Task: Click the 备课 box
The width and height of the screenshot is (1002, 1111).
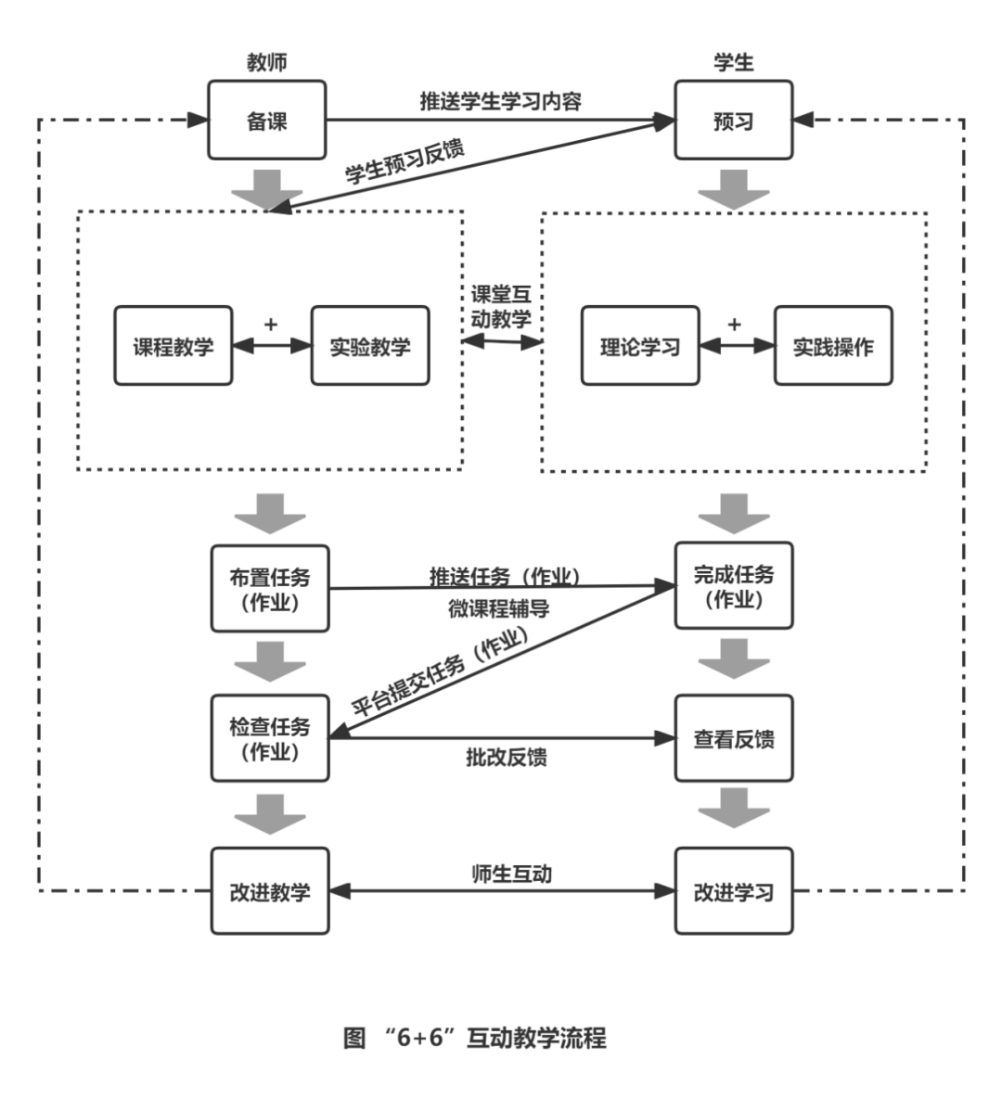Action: tap(267, 121)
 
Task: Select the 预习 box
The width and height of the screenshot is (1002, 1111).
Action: tap(733, 121)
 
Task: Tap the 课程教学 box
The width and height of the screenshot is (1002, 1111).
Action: tap(173, 346)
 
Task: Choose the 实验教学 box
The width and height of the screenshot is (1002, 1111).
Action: tap(370, 346)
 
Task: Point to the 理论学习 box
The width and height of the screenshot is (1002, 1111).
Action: tap(640, 346)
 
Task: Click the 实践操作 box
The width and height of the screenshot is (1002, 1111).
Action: tap(833, 346)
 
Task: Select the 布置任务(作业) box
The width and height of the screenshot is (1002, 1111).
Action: tap(270, 589)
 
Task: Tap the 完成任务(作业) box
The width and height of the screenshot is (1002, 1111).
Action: tap(734, 587)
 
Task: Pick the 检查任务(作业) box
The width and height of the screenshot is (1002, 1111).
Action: tap(270, 739)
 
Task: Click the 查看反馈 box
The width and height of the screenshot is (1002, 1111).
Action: tap(734, 739)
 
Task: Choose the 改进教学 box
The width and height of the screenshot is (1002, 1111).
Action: tap(270, 891)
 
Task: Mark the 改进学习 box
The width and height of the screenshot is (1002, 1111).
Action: tap(734, 891)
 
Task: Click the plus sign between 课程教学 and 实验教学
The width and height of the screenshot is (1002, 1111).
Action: tap(271, 324)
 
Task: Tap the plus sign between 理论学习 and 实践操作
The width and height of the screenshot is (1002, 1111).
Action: tap(734, 324)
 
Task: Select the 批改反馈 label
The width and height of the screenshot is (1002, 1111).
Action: tap(507, 758)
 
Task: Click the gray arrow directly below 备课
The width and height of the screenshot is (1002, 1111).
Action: tap(267, 189)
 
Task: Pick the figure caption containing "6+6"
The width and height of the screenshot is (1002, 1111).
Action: tap(474, 1037)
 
